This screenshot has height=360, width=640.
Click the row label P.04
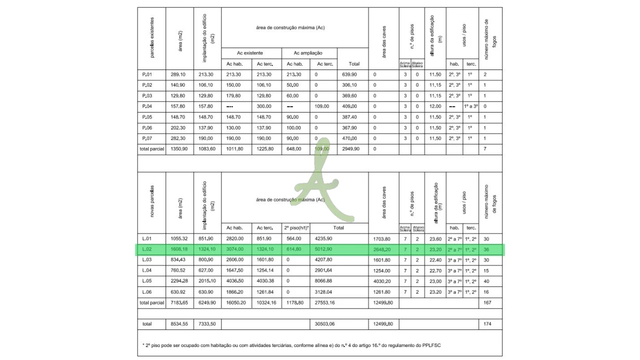pos(147,106)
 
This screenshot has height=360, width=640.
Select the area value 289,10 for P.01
pos(178,74)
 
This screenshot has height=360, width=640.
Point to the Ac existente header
pos(250,53)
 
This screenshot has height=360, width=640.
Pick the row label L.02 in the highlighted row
pos(147,249)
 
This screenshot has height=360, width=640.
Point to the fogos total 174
pos(487,324)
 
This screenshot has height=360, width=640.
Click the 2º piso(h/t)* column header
pos(296,227)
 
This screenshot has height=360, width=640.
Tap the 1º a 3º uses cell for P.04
pos(470,106)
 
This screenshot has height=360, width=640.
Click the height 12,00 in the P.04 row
pos(435,106)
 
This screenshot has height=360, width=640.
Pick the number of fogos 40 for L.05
pos(487,281)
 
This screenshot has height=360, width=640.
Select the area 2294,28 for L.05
pos(178,281)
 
